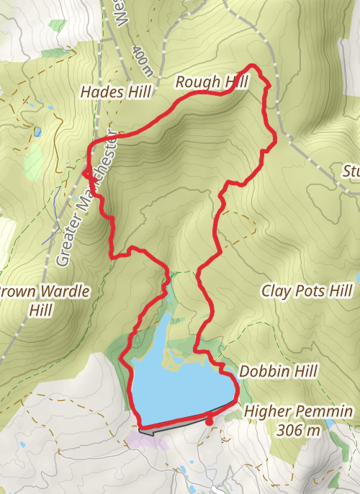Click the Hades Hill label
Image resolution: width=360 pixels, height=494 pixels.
[116, 92]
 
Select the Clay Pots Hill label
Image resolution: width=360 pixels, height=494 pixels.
[307, 291]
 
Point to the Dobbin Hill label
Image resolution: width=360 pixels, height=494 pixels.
[279, 371]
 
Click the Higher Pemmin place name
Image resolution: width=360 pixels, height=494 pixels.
[299, 411]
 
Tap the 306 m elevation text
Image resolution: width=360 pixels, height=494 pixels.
[298, 431]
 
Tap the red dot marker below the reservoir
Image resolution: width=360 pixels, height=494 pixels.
[209, 422]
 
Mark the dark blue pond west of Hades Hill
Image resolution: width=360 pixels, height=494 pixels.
[37, 132]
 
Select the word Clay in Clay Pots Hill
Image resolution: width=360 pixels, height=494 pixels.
[274, 291]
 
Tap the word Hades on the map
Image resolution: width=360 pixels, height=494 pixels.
[99, 92]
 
